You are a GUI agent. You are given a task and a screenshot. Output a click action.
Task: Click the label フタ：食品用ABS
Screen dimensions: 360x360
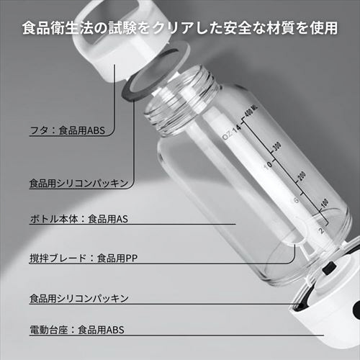coord(68,130)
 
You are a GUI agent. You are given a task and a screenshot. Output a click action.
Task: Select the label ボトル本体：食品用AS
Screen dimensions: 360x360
coord(79,219)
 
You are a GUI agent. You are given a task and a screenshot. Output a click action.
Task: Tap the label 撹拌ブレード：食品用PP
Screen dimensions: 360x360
coord(84,258)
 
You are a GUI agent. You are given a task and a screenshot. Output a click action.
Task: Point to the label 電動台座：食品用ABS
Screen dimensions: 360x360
coord(77,330)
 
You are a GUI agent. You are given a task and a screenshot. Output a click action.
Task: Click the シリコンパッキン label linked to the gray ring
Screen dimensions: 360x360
coord(78,184)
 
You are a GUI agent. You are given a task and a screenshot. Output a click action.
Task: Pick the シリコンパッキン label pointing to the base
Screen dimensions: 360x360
coord(79,299)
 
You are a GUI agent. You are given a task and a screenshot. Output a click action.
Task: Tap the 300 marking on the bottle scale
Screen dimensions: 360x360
coord(277,146)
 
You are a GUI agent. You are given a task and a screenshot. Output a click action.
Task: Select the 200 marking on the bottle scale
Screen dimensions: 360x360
coord(302,176)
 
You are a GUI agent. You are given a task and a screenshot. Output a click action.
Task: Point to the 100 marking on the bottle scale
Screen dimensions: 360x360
coord(324,203)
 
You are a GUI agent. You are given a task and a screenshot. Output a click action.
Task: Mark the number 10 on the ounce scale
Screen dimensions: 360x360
coord(268,165)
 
